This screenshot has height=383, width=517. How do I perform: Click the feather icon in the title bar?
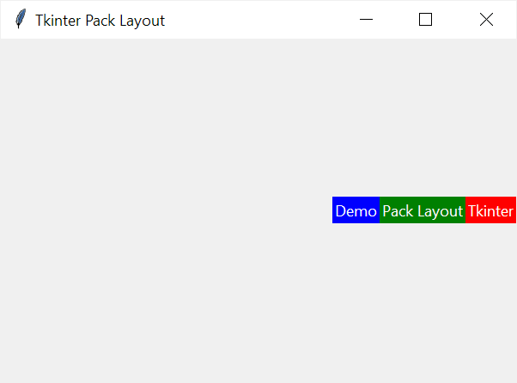[21, 19]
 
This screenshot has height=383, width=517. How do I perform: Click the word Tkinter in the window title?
[58, 21]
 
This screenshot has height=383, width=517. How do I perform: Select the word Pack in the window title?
[100, 21]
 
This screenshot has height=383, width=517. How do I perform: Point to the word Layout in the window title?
[142, 21]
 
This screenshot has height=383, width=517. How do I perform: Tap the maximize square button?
[425, 20]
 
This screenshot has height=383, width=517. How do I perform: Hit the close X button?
[486, 20]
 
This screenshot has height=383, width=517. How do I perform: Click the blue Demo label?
[356, 210]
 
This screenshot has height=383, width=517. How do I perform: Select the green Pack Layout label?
[423, 210]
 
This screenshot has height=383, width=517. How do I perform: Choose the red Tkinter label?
[490, 210]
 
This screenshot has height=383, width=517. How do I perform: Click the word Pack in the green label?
[398, 211]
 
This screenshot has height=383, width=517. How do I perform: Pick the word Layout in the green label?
[441, 212]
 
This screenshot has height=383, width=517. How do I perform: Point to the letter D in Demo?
[340, 211]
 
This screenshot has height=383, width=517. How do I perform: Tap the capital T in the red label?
[472, 211]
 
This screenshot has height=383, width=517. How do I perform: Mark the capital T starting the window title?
[40, 21]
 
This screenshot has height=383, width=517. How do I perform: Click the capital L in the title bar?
[124, 21]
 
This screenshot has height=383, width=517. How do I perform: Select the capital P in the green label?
[386, 211]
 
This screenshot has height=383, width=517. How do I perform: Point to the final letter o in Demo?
[372, 213]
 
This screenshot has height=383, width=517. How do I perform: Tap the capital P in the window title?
[89, 21]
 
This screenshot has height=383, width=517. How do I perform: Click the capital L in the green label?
[422, 211]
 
